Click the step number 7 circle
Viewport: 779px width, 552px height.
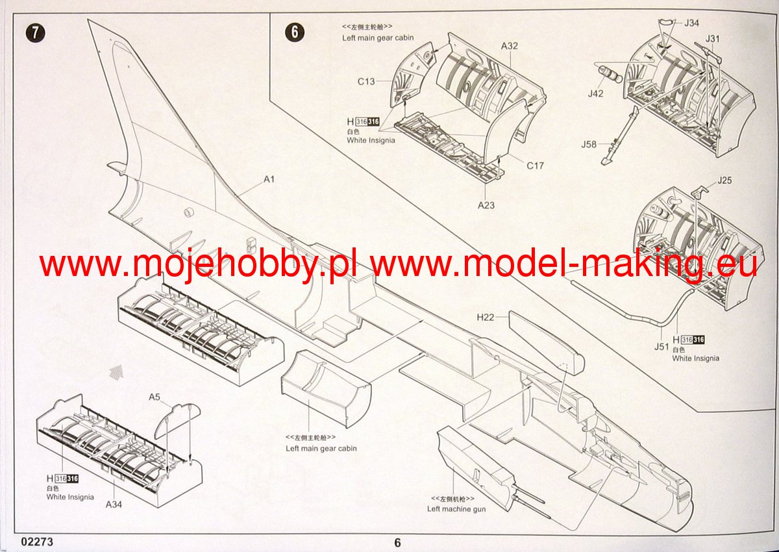click(x=35, y=33)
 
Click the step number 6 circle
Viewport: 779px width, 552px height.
click(x=295, y=33)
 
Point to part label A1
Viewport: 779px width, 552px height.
click(x=269, y=180)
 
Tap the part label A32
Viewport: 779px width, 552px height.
click(x=510, y=46)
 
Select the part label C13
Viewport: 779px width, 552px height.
click(x=366, y=82)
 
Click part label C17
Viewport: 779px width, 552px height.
click(x=535, y=166)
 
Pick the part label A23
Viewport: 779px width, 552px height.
click(x=486, y=205)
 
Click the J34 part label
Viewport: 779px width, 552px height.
click(x=691, y=23)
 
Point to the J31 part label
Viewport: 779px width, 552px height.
click(x=713, y=38)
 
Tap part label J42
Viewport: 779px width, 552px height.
click(x=596, y=94)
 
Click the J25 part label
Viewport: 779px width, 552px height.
click(x=724, y=180)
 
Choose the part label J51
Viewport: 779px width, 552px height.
click(x=661, y=346)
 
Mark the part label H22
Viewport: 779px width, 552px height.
click(x=486, y=318)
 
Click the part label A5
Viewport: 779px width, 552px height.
click(x=155, y=397)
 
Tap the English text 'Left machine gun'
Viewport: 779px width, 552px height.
click(x=456, y=509)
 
